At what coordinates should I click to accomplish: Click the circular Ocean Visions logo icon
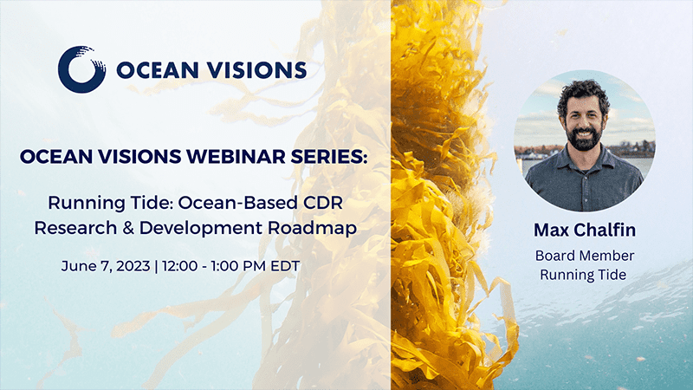coord(81,68)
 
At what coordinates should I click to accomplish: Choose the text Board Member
coord(585,256)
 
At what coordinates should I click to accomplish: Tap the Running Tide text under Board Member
coord(585,275)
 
